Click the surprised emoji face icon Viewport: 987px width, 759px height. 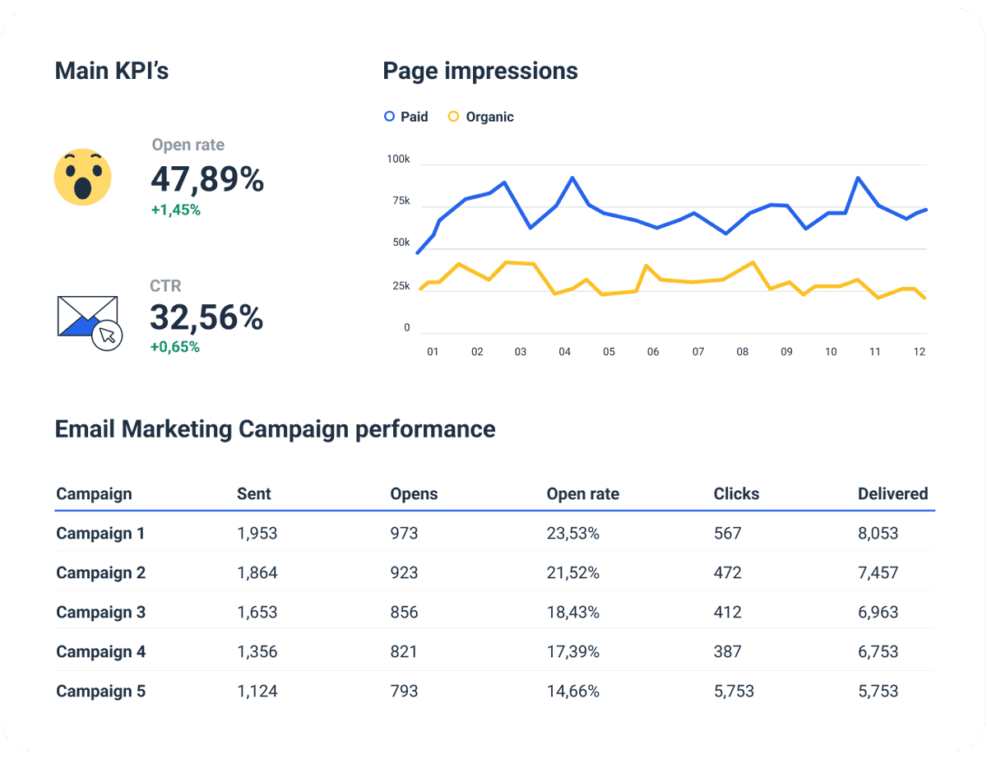pyautogui.click(x=82, y=178)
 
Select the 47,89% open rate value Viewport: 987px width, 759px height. pyautogui.click(x=207, y=179)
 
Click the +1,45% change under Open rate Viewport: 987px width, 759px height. pyautogui.click(x=175, y=210)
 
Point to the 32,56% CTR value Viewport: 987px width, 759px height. pyautogui.click(x=206, y=317)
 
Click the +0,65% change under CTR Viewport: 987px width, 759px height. pyautogui.click(x=175, y=347)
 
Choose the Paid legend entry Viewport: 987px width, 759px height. pyautogui.click(x=406, y=117)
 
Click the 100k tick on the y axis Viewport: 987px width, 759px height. pyautogui.click(x=398, y=159)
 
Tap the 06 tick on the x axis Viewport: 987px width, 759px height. pyautogui.click(x=653, y=352)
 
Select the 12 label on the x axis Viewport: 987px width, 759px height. pyautogui.click(x=920, y=352)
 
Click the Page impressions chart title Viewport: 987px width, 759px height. pyautogui.click(x=480, y=72)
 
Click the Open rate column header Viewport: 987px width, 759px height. pyautogui.click(x=582, y=494)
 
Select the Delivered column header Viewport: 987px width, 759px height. pyautogui.click(x=892, y=494)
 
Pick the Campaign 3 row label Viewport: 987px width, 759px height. pyautogui.click(x=100, y=613)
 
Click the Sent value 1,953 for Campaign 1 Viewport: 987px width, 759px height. pyautogui.click(x=257, y=534)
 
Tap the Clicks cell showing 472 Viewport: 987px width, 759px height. pyautogui.click(x=727, y=573)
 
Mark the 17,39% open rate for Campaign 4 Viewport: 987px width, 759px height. pyautogui.click(x=572, y=652)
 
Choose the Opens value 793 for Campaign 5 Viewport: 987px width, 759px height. pyautogui.click(x=404, y=692)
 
